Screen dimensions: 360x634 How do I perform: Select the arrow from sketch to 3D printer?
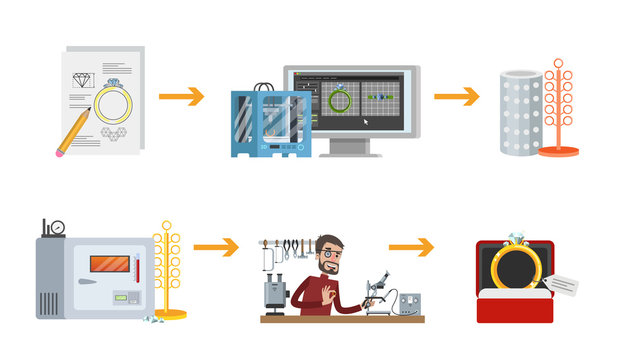click(x=181, y=96)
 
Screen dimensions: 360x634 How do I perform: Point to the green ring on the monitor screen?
click(x=339, y=100)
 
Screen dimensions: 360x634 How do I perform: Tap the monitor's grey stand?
click(x=349, y=146)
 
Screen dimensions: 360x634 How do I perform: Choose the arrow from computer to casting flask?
click(x=456, y=96)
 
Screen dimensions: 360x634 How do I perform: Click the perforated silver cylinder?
click(x=520, y=112)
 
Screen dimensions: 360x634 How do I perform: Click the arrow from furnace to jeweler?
click(x=215, y=246)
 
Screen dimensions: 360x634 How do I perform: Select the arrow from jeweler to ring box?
click(x=411, y=246)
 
